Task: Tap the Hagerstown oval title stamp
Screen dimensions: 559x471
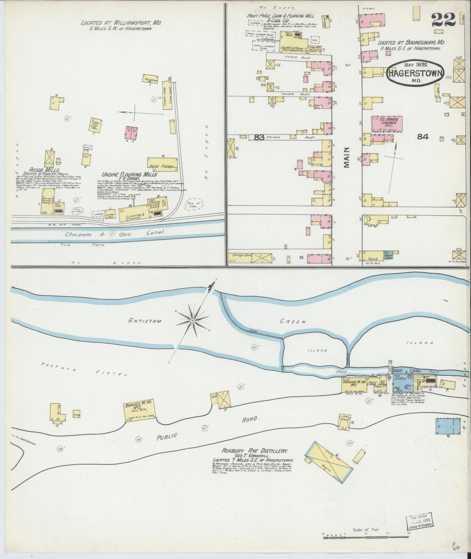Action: coord(415,73)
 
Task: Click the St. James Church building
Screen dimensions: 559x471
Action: coord(387,124)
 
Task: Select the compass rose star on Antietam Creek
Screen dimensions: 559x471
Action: coord(192,321)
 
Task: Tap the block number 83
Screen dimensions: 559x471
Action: coord(259,137)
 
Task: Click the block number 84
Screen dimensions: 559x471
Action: coord(423,136)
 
